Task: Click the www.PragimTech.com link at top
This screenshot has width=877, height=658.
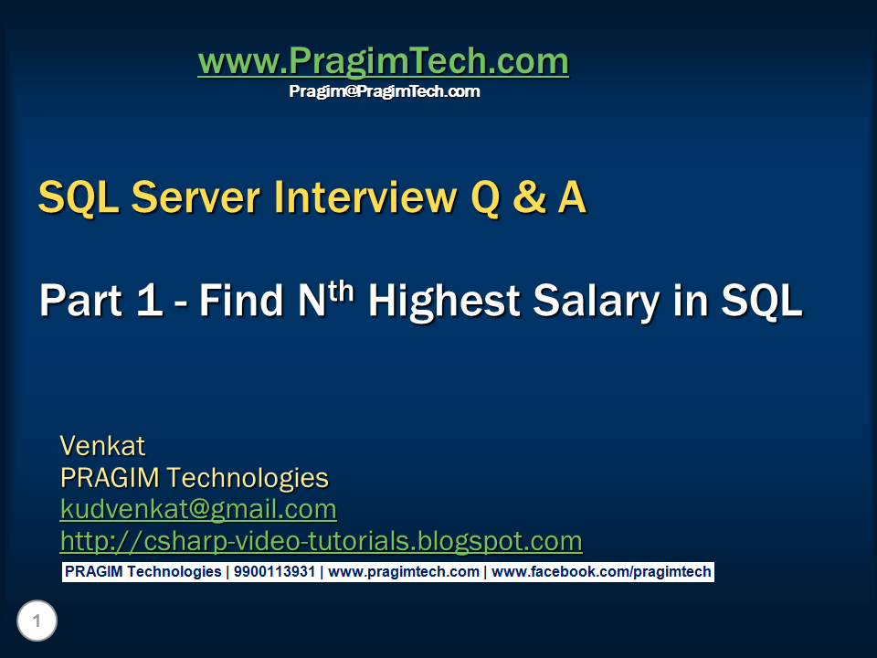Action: click(383, 61)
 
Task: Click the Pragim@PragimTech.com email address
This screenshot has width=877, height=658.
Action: click(385, 91)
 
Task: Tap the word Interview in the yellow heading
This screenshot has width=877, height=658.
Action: click(365, 197)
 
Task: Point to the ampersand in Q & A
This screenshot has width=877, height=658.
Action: click(529, 197)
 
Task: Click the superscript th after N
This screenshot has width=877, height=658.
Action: click(341, 291)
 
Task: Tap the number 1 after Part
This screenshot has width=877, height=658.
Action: click(149, 300)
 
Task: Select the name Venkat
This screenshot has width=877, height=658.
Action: click(102, 446)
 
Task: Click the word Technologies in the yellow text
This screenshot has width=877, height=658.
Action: click(248, 478)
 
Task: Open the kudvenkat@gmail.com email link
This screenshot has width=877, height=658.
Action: click(198, 509)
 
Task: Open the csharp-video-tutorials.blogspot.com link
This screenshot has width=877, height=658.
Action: click(321, 541)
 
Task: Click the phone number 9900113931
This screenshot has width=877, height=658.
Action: click(275, 572)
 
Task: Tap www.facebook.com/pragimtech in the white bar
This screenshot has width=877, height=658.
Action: click(601, 572)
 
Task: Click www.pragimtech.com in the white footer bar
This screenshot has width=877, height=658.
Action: click(404, 572)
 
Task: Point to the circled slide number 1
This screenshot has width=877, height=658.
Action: click(37, 621)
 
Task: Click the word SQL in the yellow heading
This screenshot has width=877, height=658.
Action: click(79, 197)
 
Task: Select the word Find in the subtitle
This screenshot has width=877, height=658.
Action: click(241, 300)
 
